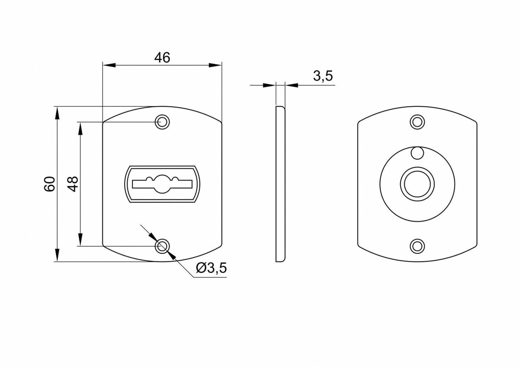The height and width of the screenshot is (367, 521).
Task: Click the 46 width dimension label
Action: click(162, 58)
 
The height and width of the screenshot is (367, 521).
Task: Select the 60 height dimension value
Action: click(50, 183)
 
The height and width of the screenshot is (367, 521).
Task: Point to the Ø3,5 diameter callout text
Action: click(211, 269)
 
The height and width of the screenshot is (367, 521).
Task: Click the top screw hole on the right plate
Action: click(417, 121)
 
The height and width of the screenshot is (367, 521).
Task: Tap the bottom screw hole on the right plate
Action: click(417, 246)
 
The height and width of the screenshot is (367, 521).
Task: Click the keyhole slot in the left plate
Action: click(162, 183)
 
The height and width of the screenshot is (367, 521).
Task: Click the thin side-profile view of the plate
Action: click(280, 183)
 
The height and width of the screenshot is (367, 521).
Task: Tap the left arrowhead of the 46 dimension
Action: click(109, 65)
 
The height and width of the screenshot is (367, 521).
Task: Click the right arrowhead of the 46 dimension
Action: click(215, 65)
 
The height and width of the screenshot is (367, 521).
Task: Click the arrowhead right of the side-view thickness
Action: click(292, 86)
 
